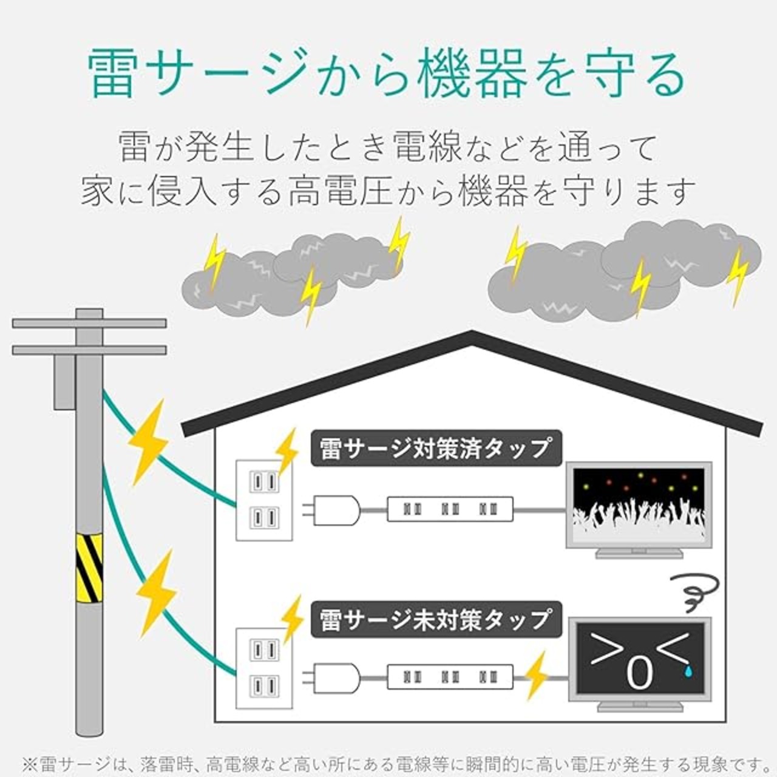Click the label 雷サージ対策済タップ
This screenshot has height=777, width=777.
tap(436, 448)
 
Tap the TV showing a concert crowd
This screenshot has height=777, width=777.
tap(639, 510)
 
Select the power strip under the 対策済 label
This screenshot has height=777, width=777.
tap(450, 509)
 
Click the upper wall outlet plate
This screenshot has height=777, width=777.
tap(264, 500)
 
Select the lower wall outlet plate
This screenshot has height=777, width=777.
tap(264, 668)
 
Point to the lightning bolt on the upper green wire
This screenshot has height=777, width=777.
tap(148, 443)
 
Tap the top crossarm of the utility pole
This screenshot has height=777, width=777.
tap(89, 323)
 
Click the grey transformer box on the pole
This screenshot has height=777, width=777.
tap(64, 382)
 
